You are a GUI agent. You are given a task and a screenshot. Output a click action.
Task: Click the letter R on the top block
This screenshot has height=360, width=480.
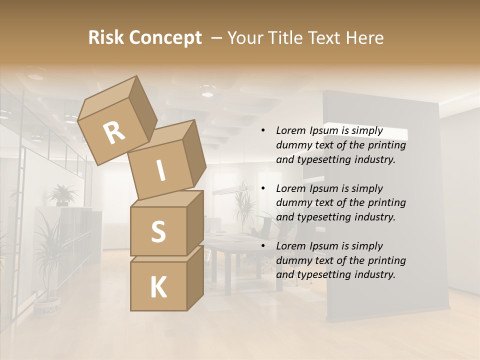coord(114,133)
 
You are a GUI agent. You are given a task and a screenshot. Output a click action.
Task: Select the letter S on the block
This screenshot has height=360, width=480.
coord(158,231)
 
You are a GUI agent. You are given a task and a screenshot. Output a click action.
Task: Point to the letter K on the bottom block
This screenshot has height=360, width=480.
coord(158,287)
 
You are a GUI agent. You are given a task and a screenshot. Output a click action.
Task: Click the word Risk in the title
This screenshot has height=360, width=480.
coord(106,37)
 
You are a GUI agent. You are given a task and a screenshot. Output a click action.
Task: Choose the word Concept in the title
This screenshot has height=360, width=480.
coord(165,38)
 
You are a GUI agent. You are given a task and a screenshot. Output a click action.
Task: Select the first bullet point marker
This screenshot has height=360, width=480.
coord(263,131)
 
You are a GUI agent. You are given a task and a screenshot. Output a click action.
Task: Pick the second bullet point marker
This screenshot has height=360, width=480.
coord(263,188)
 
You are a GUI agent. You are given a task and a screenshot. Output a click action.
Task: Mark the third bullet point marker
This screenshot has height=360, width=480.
coord(263,246)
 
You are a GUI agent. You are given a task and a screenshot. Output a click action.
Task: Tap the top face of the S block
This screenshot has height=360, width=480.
coord(166,199)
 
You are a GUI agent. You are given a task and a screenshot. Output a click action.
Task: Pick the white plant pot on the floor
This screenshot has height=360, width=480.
coord(47,305)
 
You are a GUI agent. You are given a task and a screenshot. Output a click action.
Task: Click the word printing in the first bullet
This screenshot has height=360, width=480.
coord(386,145)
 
